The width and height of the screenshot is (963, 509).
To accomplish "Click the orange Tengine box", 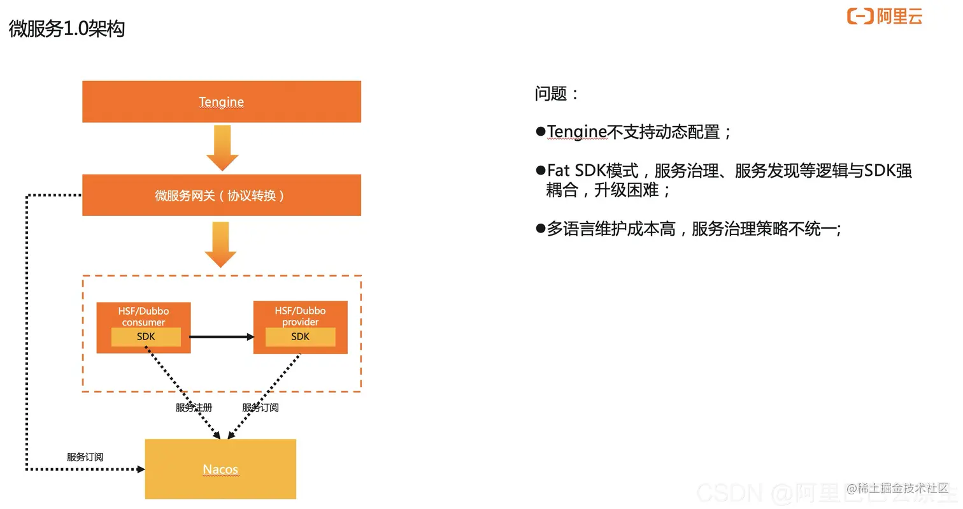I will click(x=221, y=101).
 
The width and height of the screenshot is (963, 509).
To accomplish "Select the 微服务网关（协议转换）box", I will click(x=221, y=195).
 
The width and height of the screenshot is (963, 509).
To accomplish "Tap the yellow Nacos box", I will click(x=220, y=469).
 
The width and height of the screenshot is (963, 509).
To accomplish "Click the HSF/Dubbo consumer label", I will click(x=143, y=316).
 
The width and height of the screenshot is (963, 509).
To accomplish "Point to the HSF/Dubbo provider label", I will click(x=300, y=316).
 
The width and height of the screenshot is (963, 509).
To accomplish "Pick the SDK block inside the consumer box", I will click(x=146, y=337).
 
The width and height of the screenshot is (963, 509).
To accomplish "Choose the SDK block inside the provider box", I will click(x=300, y=337).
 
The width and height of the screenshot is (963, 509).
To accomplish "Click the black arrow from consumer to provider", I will click(x=222, y=336).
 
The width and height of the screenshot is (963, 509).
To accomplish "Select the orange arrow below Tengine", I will click(x=222, y=148).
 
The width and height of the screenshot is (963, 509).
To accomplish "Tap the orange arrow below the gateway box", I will click(x=220, y=245).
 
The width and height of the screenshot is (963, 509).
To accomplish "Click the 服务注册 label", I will click(x=194, y=408).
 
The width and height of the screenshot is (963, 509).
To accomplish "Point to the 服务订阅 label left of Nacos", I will click(x=85, y=457).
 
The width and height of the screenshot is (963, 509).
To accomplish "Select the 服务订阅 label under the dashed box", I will click(x=260, y=408).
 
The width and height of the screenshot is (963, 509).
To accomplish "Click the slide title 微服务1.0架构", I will click(x=67, y=29).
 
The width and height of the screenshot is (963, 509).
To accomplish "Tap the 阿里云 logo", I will click(x=884, y=16).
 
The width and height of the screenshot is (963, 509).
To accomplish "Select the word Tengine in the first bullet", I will click(x=576, y=132).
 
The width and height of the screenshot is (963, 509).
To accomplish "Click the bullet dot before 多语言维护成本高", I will click(x=540, y=228).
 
